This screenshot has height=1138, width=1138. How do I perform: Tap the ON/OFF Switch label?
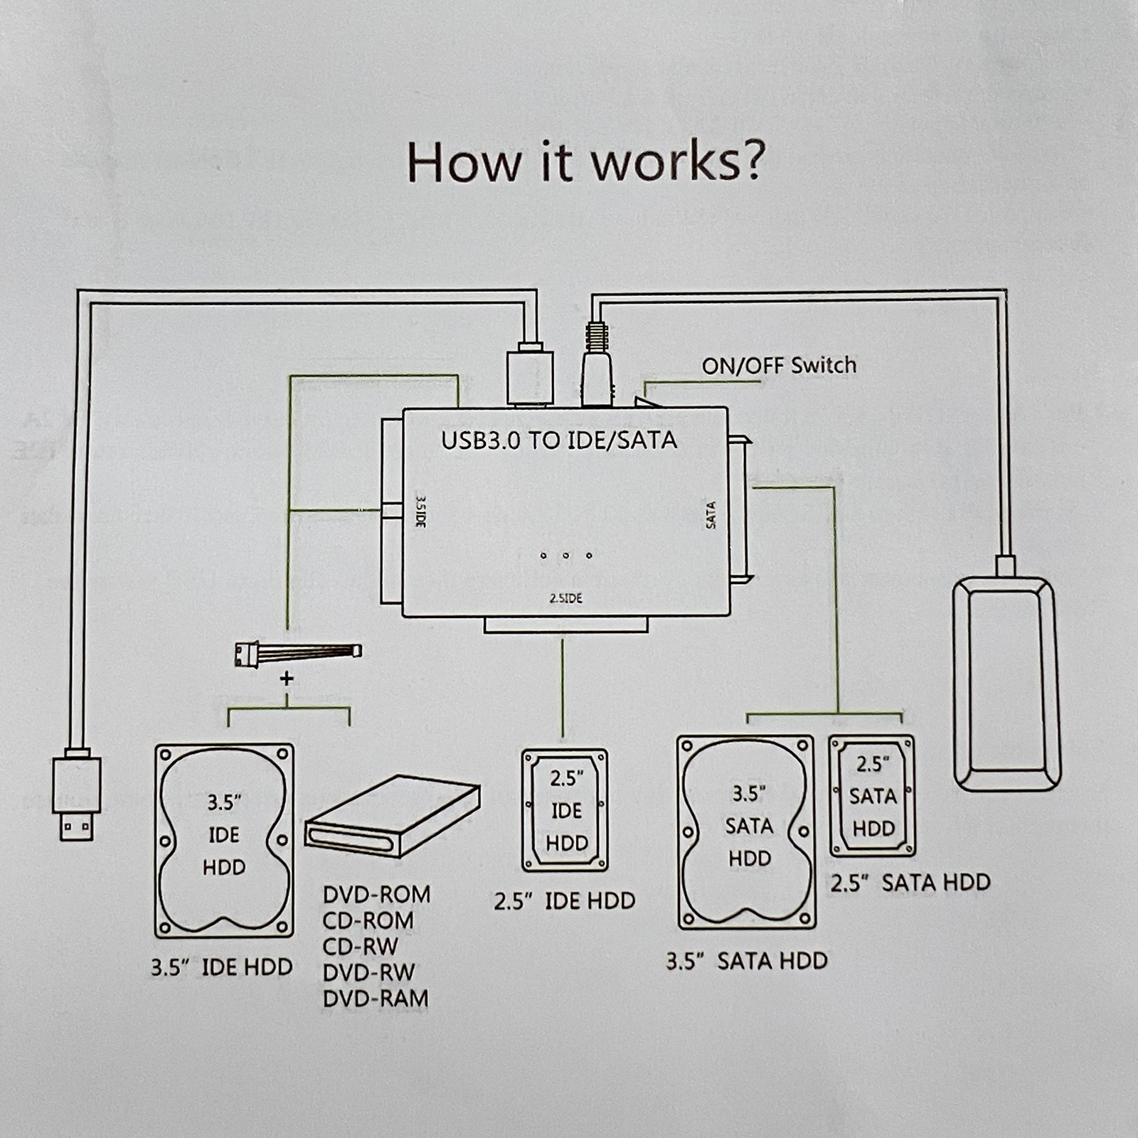pyautogui.click(x=779, y=366)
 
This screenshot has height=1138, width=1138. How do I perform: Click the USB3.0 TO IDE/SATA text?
pyautogui.click(x=559, y=440)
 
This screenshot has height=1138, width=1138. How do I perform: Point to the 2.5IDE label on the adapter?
pyautogui.click(x=565, y=598)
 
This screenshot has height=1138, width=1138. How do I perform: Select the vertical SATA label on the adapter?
pyautogui.click(x=711, y=515)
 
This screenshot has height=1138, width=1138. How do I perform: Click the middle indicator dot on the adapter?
pyautogui.click(x=566, y=555)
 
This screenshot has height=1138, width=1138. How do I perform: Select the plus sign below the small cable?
pyautogui.click(x=287, y=679)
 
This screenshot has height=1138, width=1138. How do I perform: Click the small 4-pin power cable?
pyautogui.click(x=297, y=652)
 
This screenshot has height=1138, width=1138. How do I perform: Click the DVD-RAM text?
pyautogui.click(x=376, y=999)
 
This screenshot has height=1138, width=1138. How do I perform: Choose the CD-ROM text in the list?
pyautogui.click(x=368, y=920)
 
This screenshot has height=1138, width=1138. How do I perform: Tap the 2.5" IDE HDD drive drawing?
pyautogui.click(x=565, y=810)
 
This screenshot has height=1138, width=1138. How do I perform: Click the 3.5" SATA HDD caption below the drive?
pyautogui.click(x=747, y=961)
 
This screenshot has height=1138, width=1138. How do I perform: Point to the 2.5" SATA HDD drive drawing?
pyautogui.click(x=872, y=796)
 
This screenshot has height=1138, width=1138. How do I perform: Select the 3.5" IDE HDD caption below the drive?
pyautogui.click(x=222, y=967)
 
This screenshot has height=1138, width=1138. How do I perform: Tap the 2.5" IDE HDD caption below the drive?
pyautogui.click(x=565, y=901)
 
